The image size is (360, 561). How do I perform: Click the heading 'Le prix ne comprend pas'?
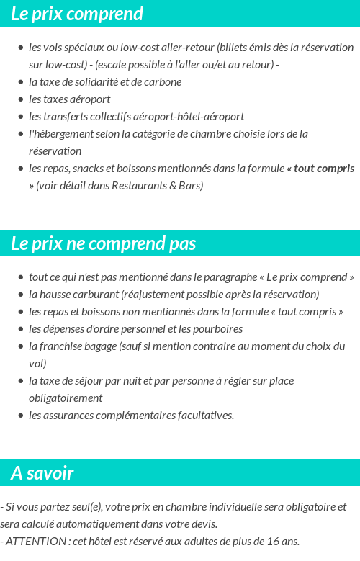pos(103,243)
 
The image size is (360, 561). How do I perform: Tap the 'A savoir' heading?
pos(42,473)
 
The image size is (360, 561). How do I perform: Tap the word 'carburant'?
pos(97,294)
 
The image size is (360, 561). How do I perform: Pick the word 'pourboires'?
pos(218,328)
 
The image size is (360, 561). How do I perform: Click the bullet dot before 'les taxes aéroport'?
pos(21,99)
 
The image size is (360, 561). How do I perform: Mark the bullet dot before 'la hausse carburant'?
pos(21,295)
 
